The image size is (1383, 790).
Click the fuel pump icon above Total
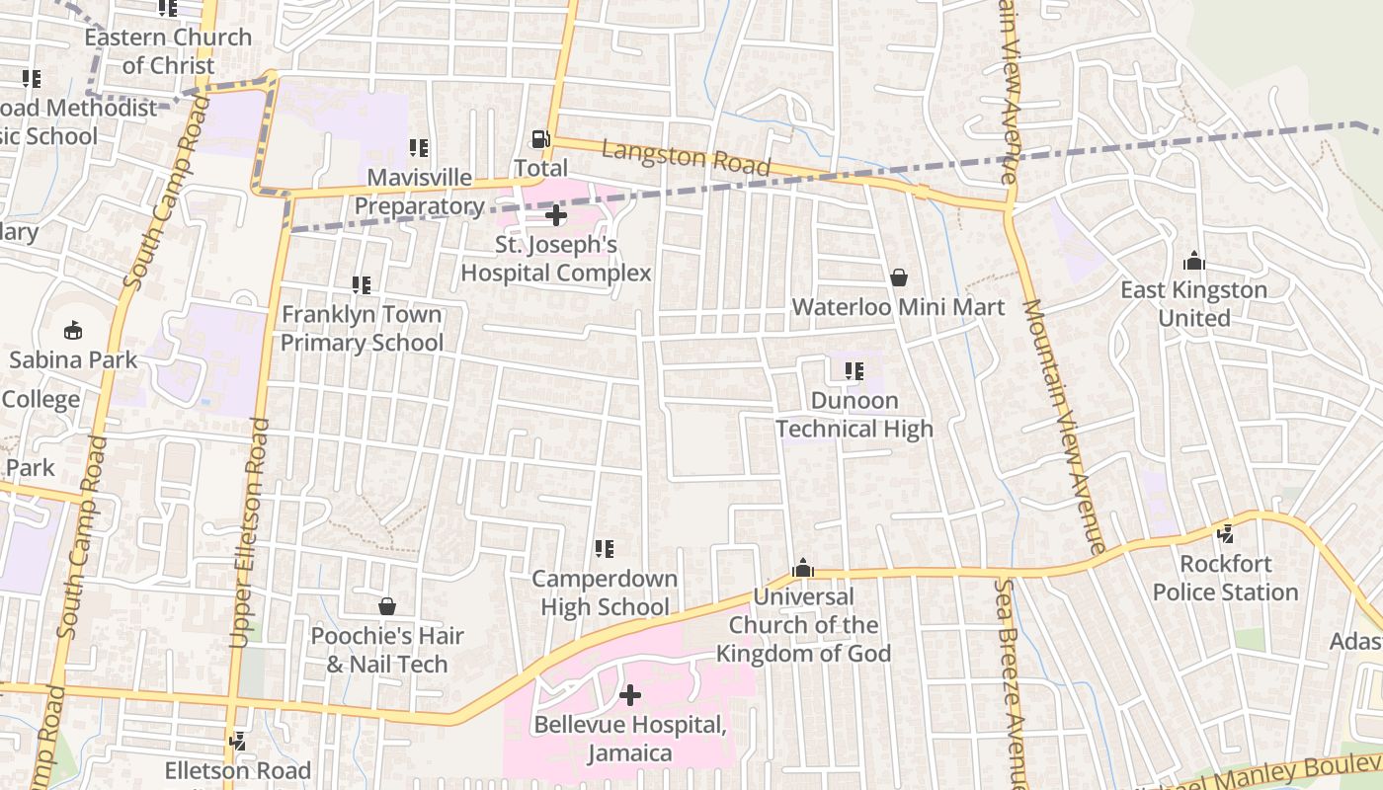coord(540,139)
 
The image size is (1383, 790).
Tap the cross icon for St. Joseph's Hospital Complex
coord(556,214)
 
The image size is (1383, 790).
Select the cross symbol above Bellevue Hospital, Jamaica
coord(629,696)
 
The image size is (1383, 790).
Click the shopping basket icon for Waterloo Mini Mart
coord(899,278)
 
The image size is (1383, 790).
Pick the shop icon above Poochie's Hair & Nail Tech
coord(387,606)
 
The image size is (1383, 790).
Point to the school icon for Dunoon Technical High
coord(854,371)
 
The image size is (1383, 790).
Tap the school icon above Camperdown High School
coord(605,549)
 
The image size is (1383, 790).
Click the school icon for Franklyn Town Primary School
coord(362,285)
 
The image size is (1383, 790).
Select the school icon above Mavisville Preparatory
coord(419,148)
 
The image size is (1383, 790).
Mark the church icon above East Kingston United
coord(1193,262)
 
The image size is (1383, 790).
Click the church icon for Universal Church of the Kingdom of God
coord(803,569)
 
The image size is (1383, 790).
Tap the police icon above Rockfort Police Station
coord(1226,534)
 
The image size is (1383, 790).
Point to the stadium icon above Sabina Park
coord(73,330)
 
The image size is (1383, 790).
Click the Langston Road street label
coord(686,158)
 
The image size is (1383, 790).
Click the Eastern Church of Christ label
coord(168,51)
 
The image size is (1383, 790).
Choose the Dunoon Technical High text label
coord(854,415)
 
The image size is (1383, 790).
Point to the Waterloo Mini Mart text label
coord(898,307)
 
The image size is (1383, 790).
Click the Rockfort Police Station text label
coord(1225,578)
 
